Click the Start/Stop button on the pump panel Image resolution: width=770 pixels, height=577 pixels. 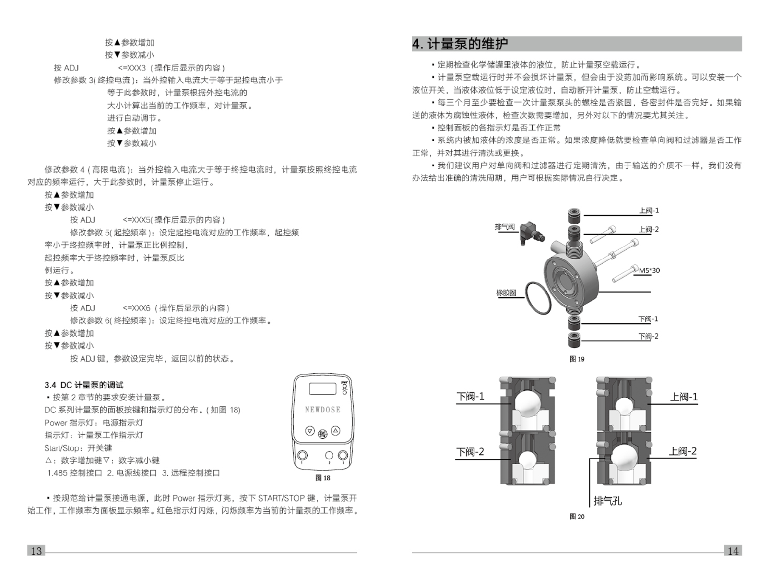pos(322,434)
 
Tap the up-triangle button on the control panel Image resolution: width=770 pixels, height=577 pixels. pos(336,431)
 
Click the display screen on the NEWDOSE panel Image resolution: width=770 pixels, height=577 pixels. pos(322,389)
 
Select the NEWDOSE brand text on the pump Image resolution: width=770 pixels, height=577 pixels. pos(322,410)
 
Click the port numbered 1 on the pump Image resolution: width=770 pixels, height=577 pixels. pos(302,455)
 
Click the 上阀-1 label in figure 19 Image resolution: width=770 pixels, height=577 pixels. pos(649,210)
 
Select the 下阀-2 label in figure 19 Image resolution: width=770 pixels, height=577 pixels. pos(648,336)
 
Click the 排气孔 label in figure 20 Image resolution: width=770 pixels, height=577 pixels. pos(608,500)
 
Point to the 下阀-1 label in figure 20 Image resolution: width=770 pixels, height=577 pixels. pos(470,397)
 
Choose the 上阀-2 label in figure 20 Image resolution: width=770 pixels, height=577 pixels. pos(682,451)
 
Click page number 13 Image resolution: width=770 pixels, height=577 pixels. pos(36,551)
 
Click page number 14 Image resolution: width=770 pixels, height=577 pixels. pos(733,551)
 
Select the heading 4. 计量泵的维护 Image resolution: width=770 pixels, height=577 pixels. pos(460,44)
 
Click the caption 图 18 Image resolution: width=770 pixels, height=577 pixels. pos(322,478)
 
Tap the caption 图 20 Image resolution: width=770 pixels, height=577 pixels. pos(577,516)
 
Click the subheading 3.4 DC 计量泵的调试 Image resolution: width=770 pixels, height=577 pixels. pos(84,385)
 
